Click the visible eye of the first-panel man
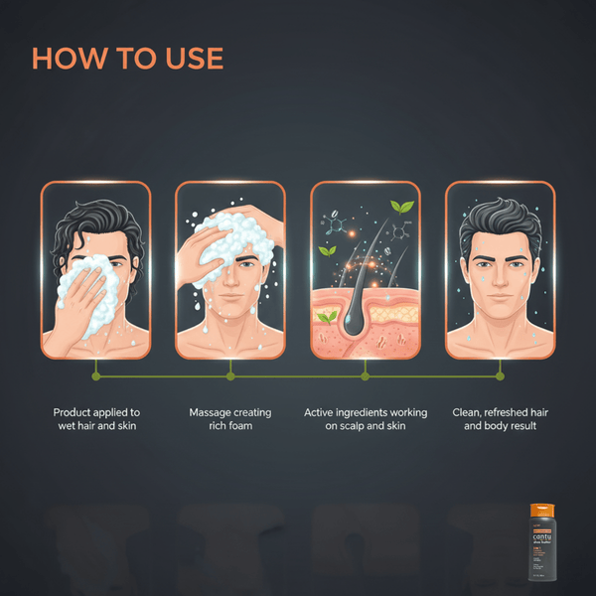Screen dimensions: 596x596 [116, 265]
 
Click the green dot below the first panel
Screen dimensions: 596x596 [95, 376]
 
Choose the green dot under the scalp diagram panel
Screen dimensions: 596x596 [365, 376]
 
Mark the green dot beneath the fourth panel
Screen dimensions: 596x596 [500, 376]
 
